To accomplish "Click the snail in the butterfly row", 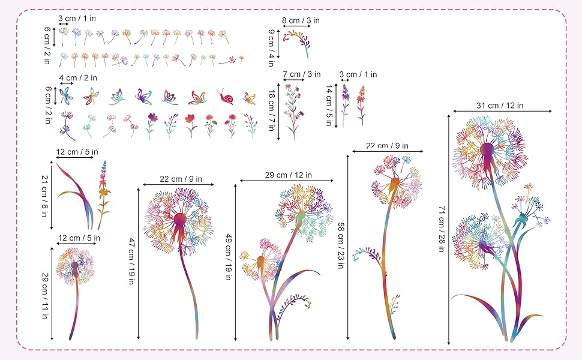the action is [226, 97].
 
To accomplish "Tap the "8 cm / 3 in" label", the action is [301, 20].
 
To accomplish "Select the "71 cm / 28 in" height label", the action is [441, 229].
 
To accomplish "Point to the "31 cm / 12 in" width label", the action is [500, 106].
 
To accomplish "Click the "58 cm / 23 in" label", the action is [340, 245].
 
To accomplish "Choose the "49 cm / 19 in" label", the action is [228, 257].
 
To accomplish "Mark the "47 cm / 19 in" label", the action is [131, 261].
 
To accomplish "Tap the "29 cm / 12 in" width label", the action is [289, 175].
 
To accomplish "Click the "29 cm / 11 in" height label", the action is [45, 296].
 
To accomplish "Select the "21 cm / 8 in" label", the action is [44, 196].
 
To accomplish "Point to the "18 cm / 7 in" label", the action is [271, 110].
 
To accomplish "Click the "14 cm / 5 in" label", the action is [329, 106].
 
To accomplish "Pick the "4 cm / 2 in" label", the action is [79, 77].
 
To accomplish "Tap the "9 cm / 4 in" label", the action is [271, 48].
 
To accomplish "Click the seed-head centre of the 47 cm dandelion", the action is [180, 219].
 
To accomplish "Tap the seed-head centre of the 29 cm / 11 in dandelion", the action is [75, 265].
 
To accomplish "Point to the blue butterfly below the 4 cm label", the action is [66, 95].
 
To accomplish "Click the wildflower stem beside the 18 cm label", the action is [293, 112].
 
